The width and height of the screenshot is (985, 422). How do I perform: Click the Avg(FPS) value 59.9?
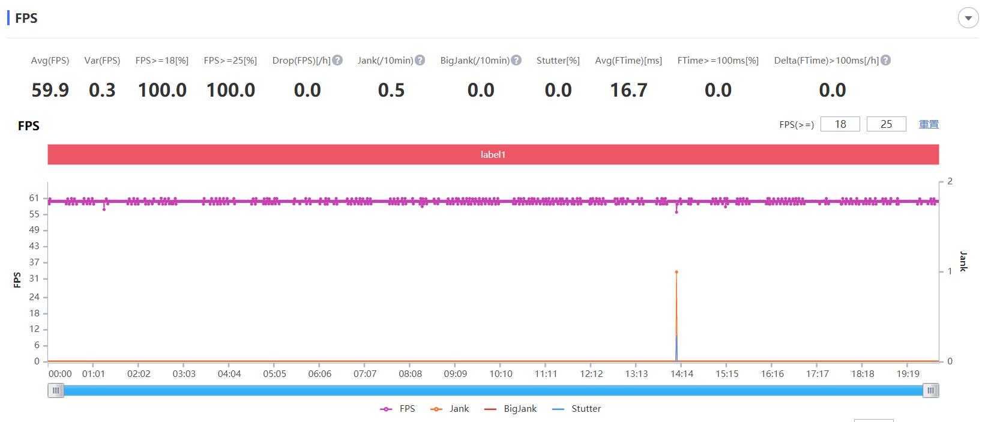point(50,90)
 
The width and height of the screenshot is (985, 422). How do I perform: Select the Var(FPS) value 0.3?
point(102,90)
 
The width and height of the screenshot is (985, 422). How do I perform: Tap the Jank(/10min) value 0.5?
point(391,90)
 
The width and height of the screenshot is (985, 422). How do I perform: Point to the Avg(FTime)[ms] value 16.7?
point(628,90)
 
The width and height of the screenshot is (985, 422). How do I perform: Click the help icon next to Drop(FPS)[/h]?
point(337,60)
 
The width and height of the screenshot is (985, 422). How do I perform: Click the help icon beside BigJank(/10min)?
point(516,60)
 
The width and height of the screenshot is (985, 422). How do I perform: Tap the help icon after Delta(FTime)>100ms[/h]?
point(885,60)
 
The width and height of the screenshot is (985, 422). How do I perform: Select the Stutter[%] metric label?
point(558,60)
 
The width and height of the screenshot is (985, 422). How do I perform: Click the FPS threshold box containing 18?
point(840,124)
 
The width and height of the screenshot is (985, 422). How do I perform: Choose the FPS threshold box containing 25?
point(886,124)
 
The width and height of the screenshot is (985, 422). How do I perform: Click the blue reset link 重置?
point(929,124)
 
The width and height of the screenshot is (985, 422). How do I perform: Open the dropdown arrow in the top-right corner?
point(968,18)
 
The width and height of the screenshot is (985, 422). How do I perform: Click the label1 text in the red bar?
point(493,154)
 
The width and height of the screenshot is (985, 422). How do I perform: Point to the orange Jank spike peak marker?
point(676,272)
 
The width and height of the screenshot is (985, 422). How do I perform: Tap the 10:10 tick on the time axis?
point(501,373)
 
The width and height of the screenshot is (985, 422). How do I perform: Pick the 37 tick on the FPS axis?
point(34,262)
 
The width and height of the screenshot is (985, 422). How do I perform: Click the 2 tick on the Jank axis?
point(950,181)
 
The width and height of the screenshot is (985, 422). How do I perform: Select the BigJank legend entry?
point(520,409)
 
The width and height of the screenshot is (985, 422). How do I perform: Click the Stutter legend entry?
point(585,409)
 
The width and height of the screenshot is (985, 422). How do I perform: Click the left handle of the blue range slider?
point(56,391)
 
